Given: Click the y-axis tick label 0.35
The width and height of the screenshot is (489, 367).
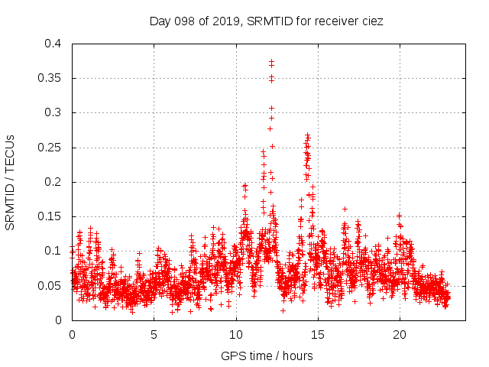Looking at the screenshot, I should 52,78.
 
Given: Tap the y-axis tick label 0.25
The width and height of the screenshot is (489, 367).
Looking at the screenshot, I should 52,147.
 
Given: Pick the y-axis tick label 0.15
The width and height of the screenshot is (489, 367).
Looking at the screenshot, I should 52,216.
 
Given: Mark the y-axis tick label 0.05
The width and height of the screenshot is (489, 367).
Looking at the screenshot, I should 52,285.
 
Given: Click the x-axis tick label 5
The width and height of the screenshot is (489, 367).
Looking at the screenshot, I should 154,335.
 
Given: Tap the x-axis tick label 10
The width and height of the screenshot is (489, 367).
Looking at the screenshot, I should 235,335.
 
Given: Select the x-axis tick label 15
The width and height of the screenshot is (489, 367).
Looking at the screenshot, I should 317,335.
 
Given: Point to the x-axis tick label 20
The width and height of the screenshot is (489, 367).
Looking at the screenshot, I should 399,335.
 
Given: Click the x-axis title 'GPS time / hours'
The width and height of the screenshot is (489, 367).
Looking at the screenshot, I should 267,356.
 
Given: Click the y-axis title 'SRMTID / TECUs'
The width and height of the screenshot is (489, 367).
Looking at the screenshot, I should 11,182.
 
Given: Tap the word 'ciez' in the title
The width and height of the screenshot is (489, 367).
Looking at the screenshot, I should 371,21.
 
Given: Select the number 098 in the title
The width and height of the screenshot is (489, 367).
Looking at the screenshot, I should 181,21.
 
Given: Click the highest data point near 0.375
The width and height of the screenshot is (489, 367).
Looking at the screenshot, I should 271,61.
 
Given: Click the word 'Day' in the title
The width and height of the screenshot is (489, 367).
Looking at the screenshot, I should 158,21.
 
